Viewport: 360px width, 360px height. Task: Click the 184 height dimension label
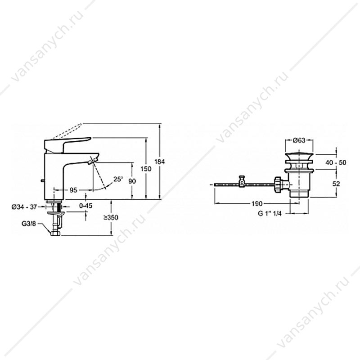159,162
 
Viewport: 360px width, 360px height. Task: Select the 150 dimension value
146,169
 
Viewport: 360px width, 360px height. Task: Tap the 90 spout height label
132,181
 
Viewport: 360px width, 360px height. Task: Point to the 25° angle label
118,179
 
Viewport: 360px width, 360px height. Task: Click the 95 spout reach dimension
73,190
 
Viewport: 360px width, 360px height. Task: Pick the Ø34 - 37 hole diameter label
24,207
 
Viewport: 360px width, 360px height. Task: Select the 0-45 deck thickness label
85,206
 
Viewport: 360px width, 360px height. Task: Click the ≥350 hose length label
111,217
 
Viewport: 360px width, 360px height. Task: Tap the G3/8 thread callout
29,224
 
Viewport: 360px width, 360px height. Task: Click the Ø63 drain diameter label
299,140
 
